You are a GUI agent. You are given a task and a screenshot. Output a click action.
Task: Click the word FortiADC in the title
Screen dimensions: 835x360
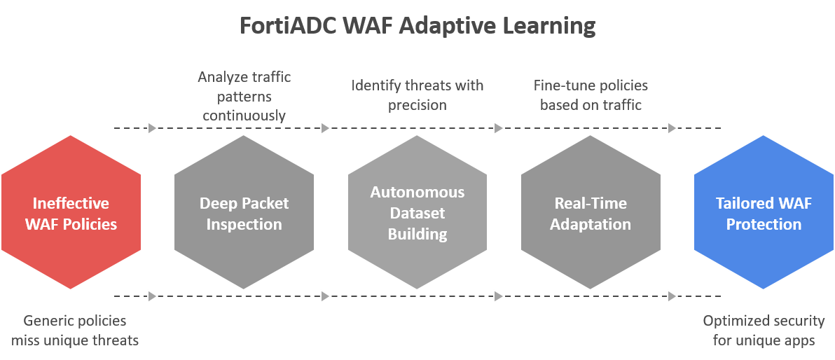pyautogui.click(x=288, y=25)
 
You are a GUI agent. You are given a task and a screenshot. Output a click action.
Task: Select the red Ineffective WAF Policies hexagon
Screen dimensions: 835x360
pyautogui.click(x=71, y=212)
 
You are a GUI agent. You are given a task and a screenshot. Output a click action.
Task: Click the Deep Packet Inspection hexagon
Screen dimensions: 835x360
pyautogui.click(x=244, y=212)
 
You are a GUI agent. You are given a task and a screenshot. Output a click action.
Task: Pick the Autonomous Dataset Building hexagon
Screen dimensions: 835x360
pyautogui.click(x=417, y=212)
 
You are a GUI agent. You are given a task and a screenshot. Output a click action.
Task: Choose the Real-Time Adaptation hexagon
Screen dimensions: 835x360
pyautogui.click(x=591, y=212)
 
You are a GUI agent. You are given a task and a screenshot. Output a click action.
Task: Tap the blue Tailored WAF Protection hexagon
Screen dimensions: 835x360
pyautogui.click(x=764, y=212)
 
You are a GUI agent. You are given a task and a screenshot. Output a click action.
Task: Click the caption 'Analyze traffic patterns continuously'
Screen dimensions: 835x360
pyautogui.click(x=244, y=97)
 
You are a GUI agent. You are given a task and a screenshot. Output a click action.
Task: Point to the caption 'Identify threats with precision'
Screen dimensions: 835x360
pyautogui.click(x=417, y=95)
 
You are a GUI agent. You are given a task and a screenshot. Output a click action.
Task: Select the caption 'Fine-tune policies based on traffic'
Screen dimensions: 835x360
pyautogui.click(x=591, y=95)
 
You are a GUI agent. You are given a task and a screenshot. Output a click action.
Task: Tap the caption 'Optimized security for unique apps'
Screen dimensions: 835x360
pyautogui.click(x=764, y=331)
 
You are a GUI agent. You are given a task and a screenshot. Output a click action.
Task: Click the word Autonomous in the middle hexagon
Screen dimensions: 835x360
pyautogui.click(x=417, y=192)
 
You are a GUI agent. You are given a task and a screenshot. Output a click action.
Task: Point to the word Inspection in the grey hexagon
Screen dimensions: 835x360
pyautogui.click(x=244, y=224)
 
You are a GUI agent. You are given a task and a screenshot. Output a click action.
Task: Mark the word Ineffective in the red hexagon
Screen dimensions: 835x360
pyautogui.click(x=71, y=203)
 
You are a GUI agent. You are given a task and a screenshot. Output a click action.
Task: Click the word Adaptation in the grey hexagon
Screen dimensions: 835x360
pyautogui.click(x=591, y=224)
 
